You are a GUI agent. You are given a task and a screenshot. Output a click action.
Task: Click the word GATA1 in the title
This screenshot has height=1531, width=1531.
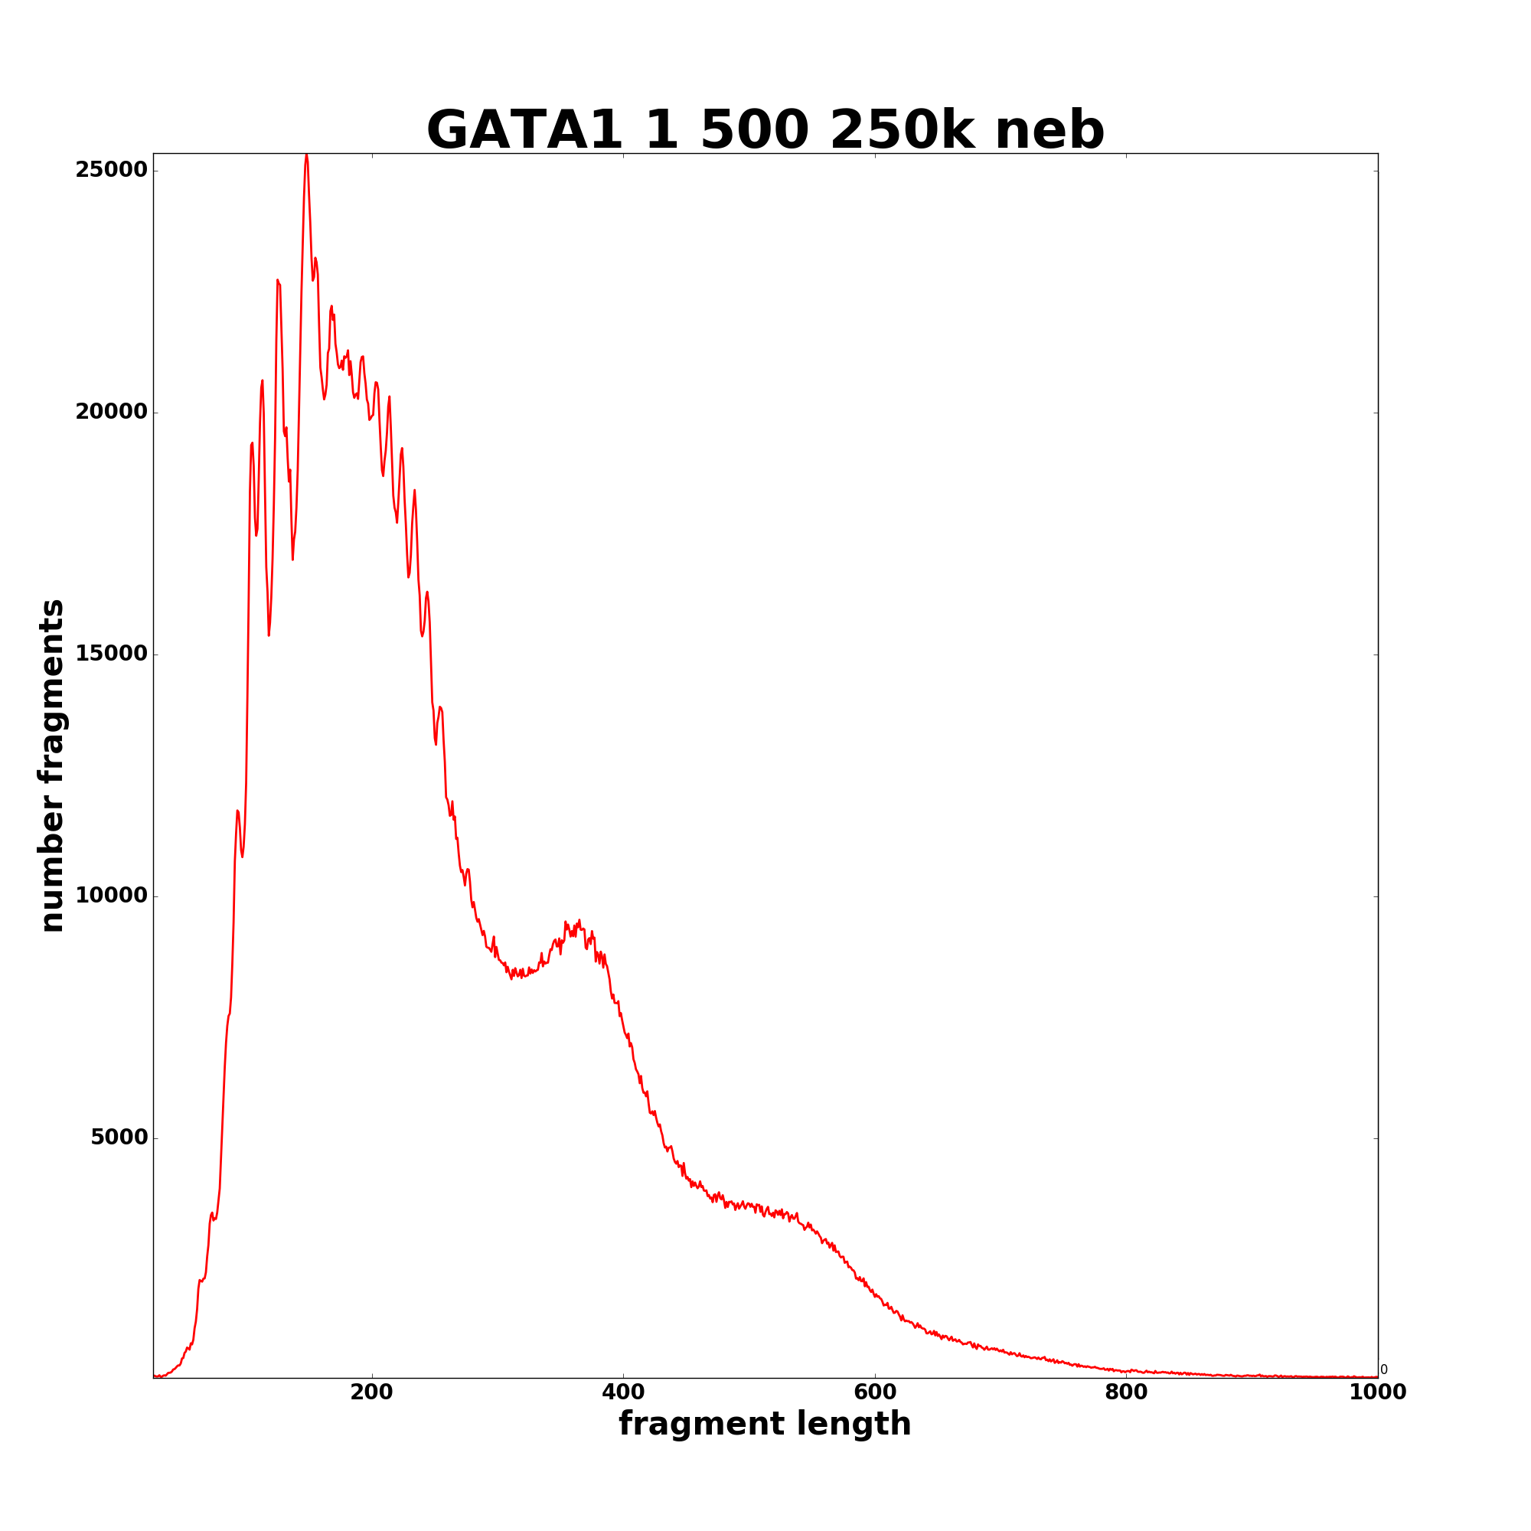[524, 131]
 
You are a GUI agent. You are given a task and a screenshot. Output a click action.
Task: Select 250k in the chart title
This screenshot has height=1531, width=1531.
[901, 131]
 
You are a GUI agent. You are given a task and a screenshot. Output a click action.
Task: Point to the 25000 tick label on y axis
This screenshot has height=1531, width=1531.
[111, 171]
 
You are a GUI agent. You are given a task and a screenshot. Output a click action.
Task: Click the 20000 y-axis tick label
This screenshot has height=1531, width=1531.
[111, 412]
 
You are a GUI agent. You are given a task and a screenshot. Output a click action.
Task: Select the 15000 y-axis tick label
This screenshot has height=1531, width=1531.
[111, 654]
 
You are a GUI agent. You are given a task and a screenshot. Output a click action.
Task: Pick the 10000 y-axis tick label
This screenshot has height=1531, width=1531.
[111, 896]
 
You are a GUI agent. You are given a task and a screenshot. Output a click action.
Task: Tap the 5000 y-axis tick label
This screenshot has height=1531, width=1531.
[119, 1138]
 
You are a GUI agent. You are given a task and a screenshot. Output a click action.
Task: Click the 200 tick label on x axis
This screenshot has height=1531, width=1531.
[372, 1392]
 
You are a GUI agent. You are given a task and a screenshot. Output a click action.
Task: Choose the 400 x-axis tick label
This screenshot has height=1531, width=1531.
[623, 1392]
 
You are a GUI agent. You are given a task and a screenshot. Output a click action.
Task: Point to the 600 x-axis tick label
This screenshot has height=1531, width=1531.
[875, 1392]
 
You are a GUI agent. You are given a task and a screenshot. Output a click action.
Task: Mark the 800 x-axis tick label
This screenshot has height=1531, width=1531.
[1126, 1392]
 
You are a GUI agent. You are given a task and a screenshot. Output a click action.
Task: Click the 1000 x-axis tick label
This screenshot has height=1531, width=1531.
[1377, 1392]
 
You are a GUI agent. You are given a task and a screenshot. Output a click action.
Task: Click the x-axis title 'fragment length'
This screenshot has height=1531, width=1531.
[765, 1424]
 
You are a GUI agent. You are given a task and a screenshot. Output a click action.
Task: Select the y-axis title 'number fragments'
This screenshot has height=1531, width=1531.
[52, 765]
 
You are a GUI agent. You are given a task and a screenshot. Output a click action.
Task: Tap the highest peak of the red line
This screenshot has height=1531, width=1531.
[306, 155]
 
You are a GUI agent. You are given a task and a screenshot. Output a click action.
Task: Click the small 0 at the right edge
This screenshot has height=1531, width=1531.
[1383, 1369]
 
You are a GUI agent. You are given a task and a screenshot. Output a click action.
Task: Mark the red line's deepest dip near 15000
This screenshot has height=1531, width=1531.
[269, 634]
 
